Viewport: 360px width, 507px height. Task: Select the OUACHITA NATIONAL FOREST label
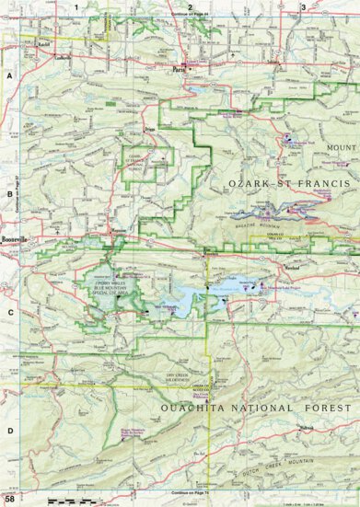point(241,407)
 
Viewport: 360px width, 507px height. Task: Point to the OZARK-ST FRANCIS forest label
point(288,185)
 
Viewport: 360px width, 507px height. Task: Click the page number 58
point(9,500)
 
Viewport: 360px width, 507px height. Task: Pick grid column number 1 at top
point(88,7)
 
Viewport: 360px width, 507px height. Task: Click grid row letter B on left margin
point(7,194)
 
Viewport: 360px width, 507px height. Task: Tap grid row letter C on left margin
point(7,312)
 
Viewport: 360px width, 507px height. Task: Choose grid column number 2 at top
point(189,7)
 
